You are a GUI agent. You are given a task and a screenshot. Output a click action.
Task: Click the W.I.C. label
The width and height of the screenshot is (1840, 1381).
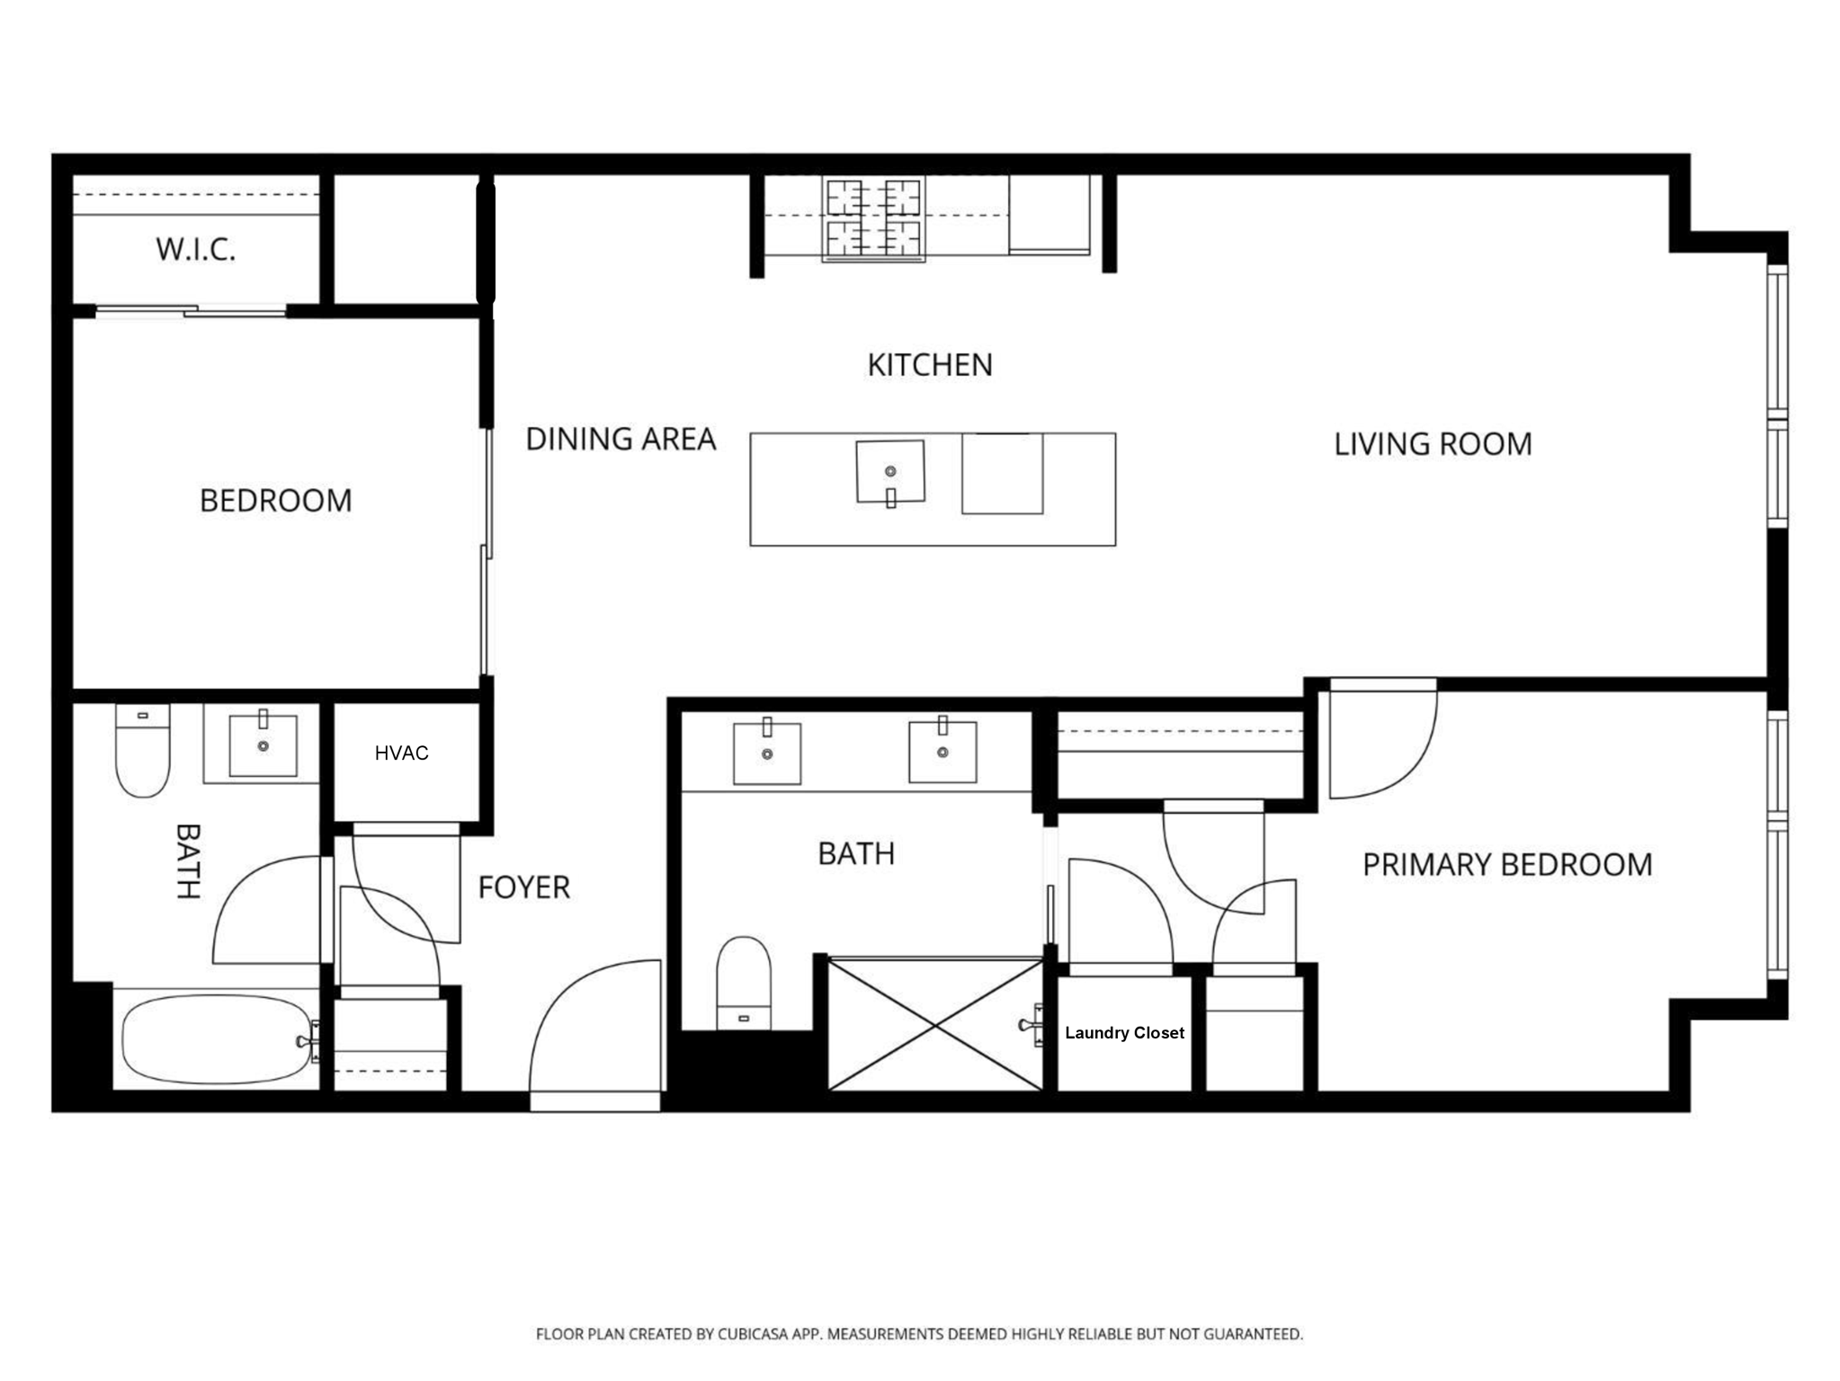coord(195,249)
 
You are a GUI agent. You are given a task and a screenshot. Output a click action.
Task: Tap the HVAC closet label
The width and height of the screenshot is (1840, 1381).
coord(401,753)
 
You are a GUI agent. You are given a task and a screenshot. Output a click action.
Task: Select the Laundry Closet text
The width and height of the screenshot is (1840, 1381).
coord(1124,1033)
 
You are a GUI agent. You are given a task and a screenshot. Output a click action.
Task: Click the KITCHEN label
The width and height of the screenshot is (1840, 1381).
coord(930,365)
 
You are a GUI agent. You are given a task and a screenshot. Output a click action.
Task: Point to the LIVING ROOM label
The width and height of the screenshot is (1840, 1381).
coord(1433,444)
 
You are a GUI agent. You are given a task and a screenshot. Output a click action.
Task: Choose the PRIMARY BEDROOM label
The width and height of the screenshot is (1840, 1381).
coord(1507,865)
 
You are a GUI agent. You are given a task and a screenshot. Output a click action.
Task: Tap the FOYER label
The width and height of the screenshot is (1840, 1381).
coord(523,887)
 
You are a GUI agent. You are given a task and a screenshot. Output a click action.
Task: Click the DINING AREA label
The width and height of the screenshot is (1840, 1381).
coord(621,439)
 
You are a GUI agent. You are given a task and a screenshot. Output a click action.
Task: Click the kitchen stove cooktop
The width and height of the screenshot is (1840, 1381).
coord(873,220)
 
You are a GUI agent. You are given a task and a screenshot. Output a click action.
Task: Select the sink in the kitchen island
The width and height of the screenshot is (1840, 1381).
coord(890,472)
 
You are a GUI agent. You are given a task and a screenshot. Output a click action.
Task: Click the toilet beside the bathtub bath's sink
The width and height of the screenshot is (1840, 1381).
coord(143,751)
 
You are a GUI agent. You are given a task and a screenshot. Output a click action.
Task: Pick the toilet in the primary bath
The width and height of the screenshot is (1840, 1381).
coord(744,983)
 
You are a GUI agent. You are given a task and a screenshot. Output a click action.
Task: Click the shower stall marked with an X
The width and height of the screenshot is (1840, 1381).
coord(935,1025)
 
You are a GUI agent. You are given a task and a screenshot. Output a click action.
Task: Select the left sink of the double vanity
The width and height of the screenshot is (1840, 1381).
coord(767,752)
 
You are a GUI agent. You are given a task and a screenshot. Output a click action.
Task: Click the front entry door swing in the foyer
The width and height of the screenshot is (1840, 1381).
coord(595,1034)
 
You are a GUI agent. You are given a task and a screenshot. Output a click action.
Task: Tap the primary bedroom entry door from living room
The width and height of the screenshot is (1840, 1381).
coord(1383,738)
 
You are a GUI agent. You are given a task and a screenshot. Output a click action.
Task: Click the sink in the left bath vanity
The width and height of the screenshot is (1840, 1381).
coord(263,744)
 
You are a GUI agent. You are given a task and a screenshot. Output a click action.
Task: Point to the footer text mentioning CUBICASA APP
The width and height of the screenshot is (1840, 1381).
coord(919,1334)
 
